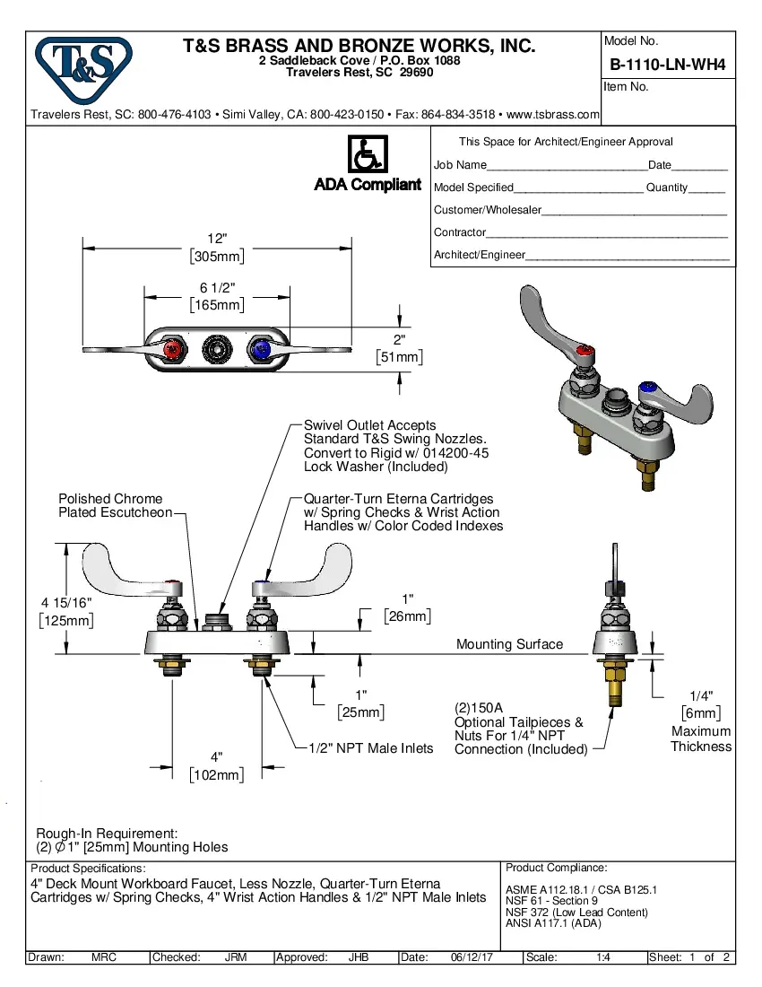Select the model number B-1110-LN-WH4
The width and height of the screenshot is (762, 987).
click(667, 65)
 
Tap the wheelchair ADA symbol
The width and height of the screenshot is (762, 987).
click(367, 154)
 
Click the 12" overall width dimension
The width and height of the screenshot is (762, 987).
click(217, 239)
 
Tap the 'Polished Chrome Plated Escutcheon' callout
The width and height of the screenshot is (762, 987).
click(115, 505)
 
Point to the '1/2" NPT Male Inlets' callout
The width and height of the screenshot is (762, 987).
click(370, 748)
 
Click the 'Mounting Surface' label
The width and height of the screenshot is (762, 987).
click(509, 644)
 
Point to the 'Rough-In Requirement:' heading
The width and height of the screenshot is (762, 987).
click(107, 834)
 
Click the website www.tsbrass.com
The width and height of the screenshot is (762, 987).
click(552, 115)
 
